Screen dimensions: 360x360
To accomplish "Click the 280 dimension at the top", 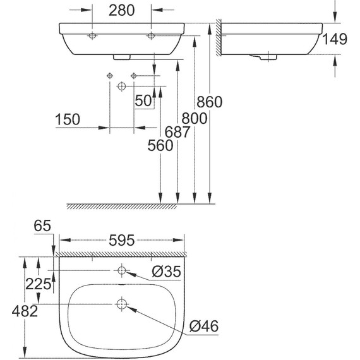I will pos(122,11).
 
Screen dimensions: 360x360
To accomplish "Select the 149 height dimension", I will pos(334,40).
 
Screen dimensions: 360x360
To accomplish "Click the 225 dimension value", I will pos(39,284).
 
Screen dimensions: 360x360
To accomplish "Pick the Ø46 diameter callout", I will pos(204,327).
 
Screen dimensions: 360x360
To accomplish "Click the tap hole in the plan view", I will pos(122,271).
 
